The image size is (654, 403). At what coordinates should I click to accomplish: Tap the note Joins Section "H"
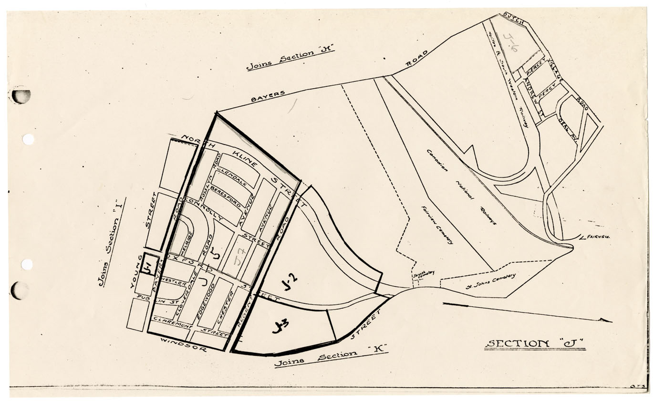click(x=290, y=59)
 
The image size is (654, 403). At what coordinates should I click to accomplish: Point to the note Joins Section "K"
click(x=331, y=359)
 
